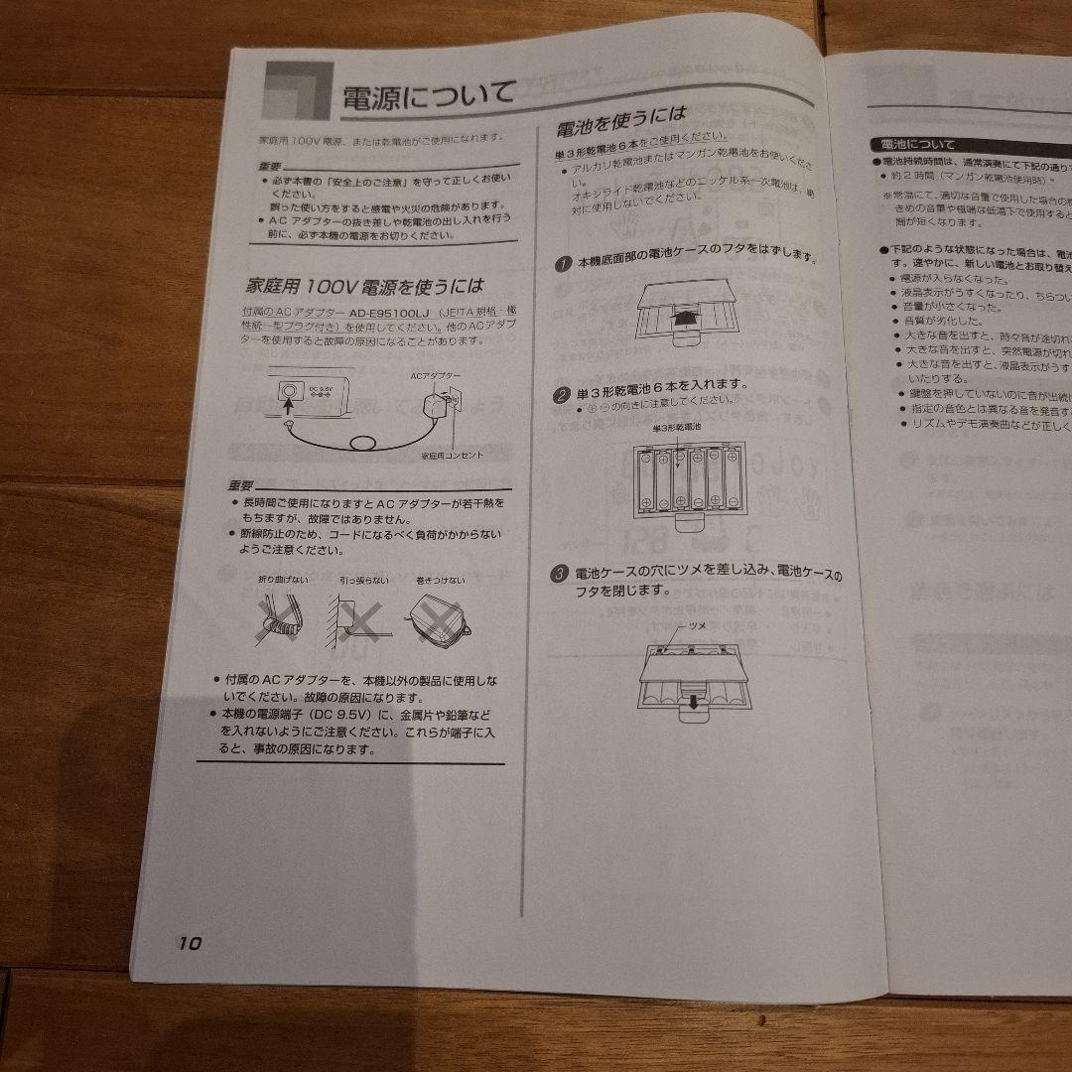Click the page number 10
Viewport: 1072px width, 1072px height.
[x=190, y=943]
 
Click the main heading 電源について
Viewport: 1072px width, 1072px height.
[x=428, y=97]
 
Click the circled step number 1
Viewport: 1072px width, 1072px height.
[x=563, y=263]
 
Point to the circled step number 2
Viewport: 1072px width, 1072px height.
[x=561, y=393]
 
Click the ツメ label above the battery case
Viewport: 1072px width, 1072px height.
[x=698, y=627]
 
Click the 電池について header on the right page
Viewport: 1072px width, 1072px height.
[x=911, y=145]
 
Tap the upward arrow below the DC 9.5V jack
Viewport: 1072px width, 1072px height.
[x=288, y=407]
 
